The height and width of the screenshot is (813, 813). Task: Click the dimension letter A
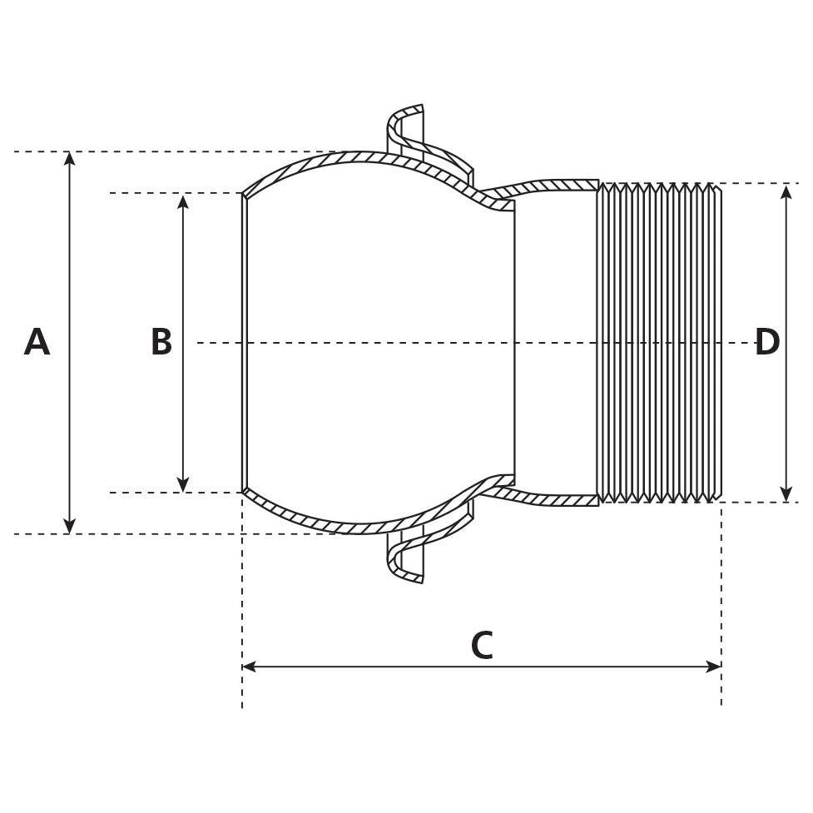coord(37,343)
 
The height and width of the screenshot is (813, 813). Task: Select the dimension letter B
coord(161,343)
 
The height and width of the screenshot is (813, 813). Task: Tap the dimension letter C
coord(482,647)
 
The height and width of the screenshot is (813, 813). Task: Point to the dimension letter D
coord(766,343)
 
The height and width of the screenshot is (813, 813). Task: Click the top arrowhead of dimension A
coord(70,158)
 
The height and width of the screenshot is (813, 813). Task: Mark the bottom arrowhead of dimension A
coord(70,527)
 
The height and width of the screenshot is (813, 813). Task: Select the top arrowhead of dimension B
coord(183,201)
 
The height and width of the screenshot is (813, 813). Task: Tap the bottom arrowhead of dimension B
coord(183,485)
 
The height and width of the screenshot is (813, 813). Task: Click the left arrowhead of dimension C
coord(249,667)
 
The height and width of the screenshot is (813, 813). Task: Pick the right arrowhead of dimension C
coord(714,667)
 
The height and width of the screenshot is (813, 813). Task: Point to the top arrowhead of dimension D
coord(786,191)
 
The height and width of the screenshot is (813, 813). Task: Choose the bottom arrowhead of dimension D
coord(786,495)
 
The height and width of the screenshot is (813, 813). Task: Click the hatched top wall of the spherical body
coord(358,156)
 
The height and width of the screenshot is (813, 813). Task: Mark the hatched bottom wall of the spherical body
coord(358,528)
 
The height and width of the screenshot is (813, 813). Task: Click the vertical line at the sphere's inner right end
coord(514,343)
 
